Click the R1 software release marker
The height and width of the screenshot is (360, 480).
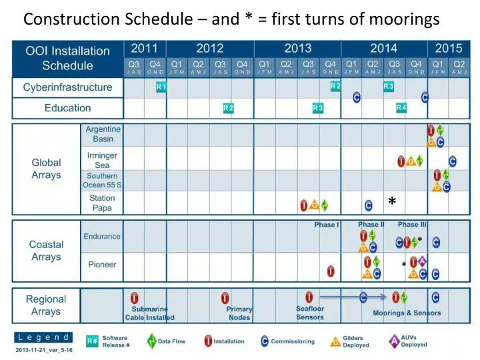pos(161,87)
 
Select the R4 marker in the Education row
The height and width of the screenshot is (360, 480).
pos(401,107)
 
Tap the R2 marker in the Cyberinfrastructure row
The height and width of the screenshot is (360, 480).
pos(336,87)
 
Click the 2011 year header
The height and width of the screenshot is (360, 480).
pos(145,48)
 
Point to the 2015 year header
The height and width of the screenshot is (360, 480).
pos(449,48)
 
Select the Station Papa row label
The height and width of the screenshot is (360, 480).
pos(102,203)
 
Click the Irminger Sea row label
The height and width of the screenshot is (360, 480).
pos(102,160)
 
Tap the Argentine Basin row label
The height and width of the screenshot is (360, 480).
pos(103,134)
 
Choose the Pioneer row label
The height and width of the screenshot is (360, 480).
pos(102,265)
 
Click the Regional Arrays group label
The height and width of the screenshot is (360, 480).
pos(45,305)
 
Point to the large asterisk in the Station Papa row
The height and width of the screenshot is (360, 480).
pos(392,201)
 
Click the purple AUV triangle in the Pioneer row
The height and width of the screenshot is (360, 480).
pos(422,261)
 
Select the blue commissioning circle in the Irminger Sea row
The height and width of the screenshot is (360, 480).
pos(453,161)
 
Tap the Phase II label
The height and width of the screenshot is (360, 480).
pos(371,225)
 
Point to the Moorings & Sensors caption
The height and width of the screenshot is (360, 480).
pos(407,313)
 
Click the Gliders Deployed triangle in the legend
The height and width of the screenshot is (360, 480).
pos(335,342)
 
